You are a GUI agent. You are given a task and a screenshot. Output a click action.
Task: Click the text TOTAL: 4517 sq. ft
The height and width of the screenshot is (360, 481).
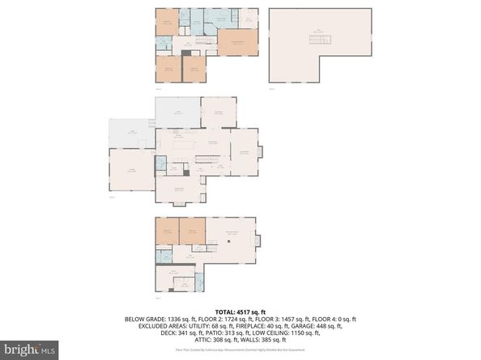point(241,310)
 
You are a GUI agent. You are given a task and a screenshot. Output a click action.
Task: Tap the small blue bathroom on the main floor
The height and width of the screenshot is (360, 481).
point(160,163)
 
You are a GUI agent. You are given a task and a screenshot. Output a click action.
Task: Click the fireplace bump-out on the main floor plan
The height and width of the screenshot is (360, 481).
point(259,151)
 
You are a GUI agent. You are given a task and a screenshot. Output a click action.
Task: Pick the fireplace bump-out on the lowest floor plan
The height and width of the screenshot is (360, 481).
point(258,239)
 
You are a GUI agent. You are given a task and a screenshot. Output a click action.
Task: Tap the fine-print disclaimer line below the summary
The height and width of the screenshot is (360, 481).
point(240,349)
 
